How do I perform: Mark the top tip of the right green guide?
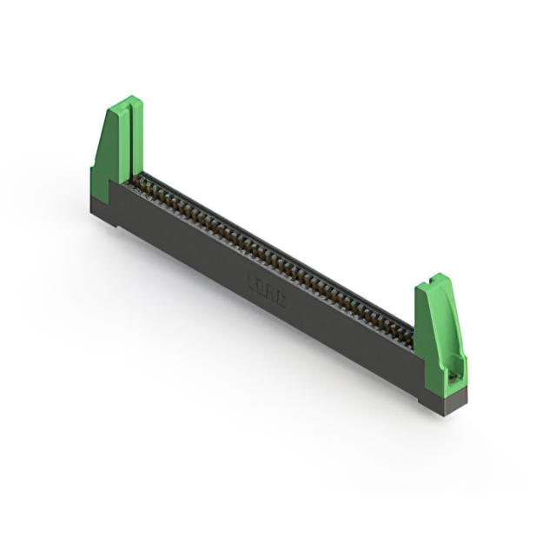tap(441, 277)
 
